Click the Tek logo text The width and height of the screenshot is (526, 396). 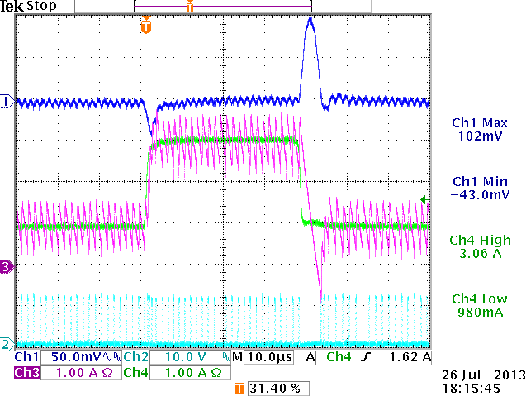tap(12, 7)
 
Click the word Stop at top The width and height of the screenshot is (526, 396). tap(42, 7)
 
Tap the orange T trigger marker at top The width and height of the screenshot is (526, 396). tap(146, 27)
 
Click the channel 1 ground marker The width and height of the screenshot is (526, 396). tap(7, 101)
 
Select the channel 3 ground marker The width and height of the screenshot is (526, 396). tap(7, 266)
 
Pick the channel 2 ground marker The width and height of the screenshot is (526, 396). tap(7, 343)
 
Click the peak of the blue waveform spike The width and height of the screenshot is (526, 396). tap(310, 19)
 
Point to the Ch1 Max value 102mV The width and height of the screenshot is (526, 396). tap(475, 137)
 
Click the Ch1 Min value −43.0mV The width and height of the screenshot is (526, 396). tap(475, 195)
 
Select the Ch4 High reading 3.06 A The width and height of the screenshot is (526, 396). tap(475, 254)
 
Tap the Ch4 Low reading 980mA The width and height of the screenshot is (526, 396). tap(475, 312)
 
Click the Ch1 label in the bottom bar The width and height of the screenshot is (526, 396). tap(26, 357)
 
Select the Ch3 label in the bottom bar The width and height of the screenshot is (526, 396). tap(26, 373)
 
